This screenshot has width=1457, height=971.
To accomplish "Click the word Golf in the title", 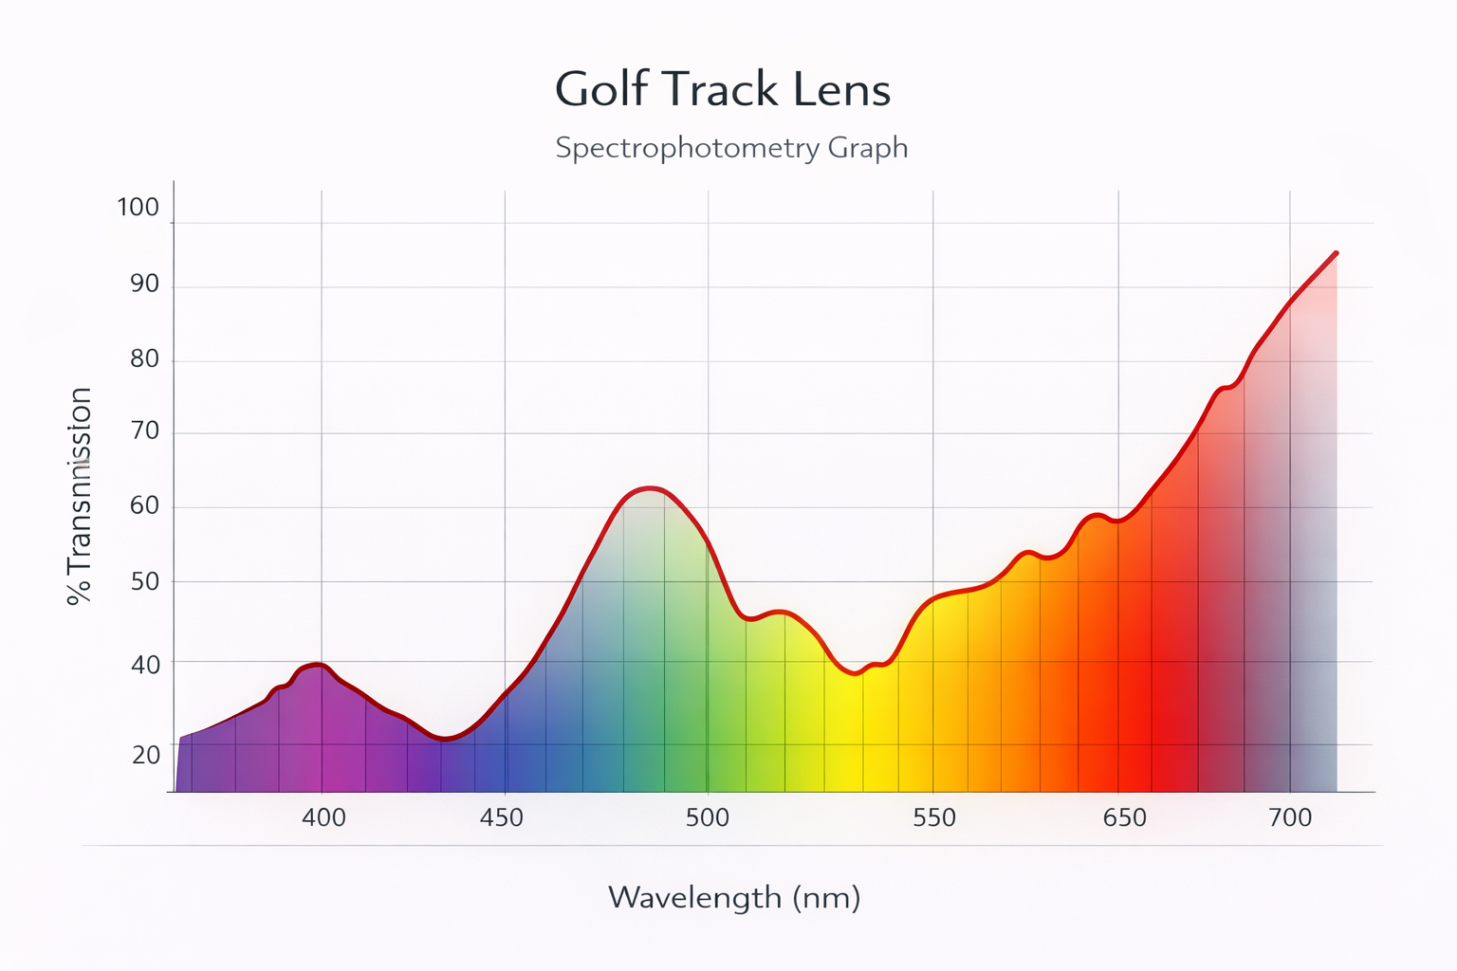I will (601, 90).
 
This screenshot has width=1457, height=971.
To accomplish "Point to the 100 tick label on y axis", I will (138, 208).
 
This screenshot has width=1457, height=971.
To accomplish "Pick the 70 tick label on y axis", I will (144, 431).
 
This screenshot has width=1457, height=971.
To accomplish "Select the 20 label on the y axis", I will (145, 755).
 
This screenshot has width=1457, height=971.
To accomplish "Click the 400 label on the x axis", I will (323, 817).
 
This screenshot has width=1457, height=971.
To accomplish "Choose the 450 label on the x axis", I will (502, 817).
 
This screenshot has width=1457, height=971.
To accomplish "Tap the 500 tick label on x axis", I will (708, 817).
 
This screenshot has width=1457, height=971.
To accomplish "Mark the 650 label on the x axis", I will (1125, 817).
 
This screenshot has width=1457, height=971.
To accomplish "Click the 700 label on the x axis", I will (1290, 817).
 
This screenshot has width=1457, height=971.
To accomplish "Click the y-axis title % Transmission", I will (80, 495).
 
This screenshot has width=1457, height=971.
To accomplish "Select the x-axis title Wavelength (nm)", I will (734, 897).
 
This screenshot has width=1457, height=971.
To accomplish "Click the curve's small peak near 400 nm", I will (318, 665).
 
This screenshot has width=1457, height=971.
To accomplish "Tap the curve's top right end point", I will (1336, 253).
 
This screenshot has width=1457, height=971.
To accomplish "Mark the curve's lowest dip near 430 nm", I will (446, 740).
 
